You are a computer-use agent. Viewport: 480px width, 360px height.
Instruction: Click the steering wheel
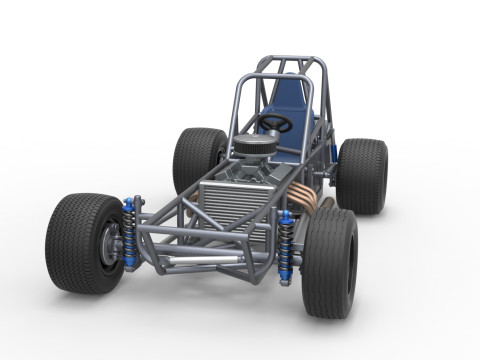[274, 123]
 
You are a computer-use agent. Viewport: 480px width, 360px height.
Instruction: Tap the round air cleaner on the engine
[254, 143]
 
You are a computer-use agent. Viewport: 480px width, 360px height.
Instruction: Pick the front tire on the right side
[330, 262]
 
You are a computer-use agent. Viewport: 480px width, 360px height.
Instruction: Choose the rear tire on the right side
[362, 175]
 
